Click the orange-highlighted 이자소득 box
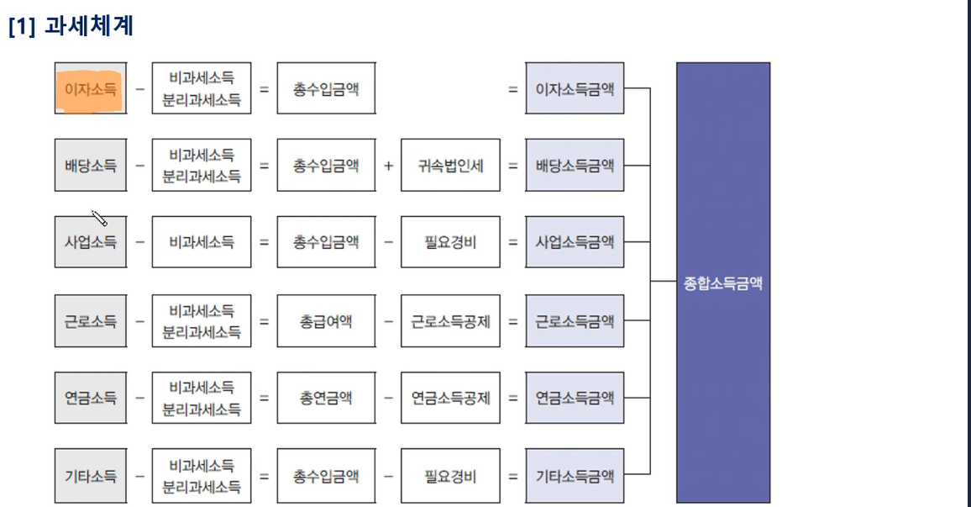pyautogui.click(x=91, y=88)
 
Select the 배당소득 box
pyautogui.click(x=91, y=166)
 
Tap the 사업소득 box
pyautogui.click(x=91, y=241)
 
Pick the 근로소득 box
pyautogui.click(x=91, y=321)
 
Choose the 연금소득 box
pyautogui.click(x=91, y=398)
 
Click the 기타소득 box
pyautogui.click(x=91, y=476)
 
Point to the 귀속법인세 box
pyautogui.click(x=450, y=166)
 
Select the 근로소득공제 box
pyautogui.click(x=450, y=321)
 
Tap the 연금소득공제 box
pyautogui.click(x=450, y=398)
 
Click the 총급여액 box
pyautogui.click(x=327, y=321)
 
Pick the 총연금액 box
pyautogui.click(x=327, y=398)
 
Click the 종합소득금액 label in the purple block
pyautogui.click(x=722, y=283)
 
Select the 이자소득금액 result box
pyautogui.click(x=575, y=88)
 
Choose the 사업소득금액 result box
pyautogui.click(x=575, y=241)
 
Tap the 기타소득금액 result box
pyautogui.click(x=575, y=476)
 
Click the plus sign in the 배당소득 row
pyautogui.click(x=388, y=166)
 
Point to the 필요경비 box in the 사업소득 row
pyautogui.click(x=450, y=241)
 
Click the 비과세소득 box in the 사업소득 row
pyautogui.click(x=202, y=241)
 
